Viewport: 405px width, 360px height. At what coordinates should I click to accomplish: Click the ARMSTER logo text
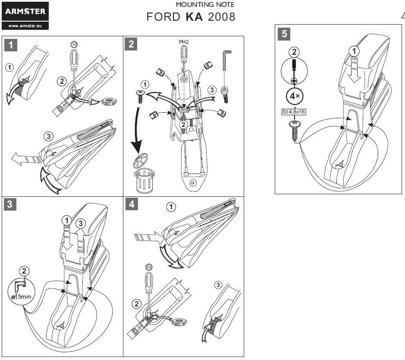click(x=25, y=12)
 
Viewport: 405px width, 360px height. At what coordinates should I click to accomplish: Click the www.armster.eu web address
click(x=25, y=26)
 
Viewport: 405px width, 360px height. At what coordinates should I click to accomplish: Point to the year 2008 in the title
click(x=222, y=17)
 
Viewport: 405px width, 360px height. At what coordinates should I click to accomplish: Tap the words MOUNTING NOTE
click(x=205, y=5)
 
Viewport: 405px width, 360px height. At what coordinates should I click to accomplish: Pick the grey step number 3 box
click(x=11, y=204)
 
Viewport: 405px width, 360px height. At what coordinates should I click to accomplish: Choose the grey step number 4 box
click(x=132, y=204)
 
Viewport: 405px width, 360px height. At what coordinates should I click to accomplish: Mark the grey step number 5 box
click(x=284, y=33)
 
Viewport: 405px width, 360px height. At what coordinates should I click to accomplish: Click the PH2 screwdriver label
click(x=184, y=42)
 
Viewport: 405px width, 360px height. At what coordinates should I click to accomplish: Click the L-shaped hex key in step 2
click(x=226, y=59)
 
